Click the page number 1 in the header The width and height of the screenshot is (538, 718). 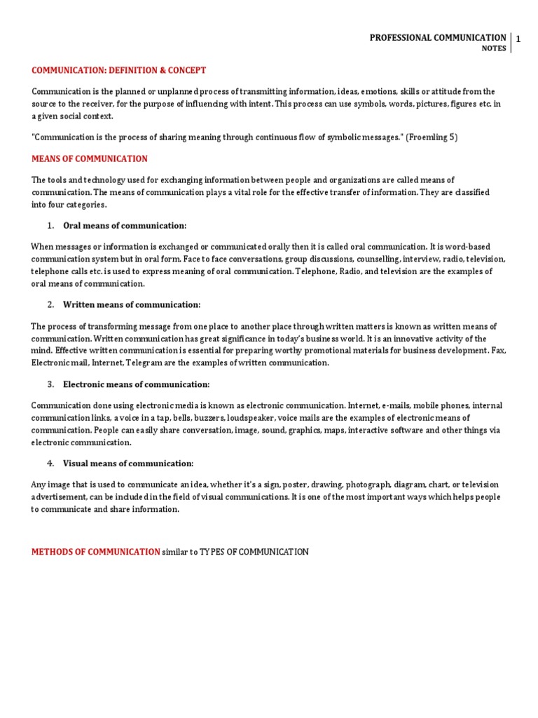(518, 40)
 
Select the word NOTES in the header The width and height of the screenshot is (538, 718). (494, 49)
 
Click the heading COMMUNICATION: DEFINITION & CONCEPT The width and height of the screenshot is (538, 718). (118, 70)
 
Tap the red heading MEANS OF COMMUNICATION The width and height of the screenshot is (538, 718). (90, 159)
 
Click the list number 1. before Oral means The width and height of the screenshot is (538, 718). (50, 226)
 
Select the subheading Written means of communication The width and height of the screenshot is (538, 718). (132, 304)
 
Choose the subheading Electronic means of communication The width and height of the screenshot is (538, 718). (136, 384)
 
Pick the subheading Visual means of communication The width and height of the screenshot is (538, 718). (128, 463)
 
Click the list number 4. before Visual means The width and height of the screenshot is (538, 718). (50, 463)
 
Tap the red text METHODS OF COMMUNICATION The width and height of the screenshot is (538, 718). (95, 553)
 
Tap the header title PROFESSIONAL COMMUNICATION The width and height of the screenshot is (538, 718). (438, 38)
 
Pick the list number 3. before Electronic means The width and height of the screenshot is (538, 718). (50, 384)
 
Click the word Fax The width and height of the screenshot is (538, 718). (499, 350)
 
